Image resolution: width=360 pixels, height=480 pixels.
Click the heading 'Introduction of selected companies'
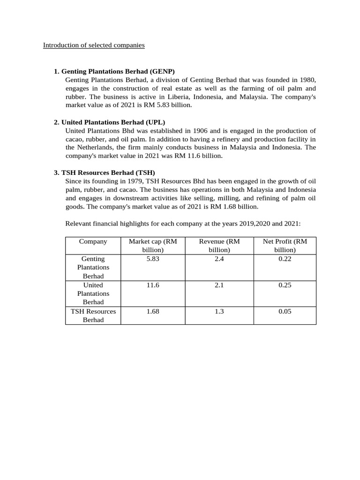[94, 45]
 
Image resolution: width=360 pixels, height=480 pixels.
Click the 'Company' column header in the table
[93, 241]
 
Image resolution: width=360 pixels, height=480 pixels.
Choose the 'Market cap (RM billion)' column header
[153, 246]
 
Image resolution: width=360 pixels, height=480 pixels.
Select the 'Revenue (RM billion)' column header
[219, 246]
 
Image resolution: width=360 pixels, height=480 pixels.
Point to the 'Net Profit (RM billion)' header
[285, 246]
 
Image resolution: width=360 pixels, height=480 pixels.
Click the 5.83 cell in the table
[153, 259]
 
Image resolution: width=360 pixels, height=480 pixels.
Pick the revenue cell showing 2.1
[219, 285]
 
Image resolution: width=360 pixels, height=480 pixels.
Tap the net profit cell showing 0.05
[285, 311]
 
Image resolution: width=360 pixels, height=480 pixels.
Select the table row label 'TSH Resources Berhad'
[93, 315]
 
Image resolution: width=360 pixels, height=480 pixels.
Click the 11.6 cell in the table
[153, 285]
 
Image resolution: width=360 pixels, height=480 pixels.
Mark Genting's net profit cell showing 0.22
[285, 259]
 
